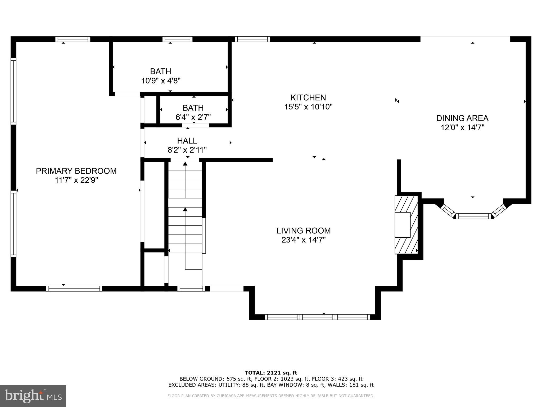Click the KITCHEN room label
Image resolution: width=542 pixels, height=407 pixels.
(308, 98)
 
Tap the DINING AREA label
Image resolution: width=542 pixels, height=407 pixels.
(462, 118)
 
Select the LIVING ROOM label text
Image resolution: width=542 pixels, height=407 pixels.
(304, 231)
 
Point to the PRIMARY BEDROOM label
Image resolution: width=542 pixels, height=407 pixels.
(76, 171)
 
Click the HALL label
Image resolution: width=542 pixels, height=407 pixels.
(187, 140)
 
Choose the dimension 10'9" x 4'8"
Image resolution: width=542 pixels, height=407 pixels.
(161, 81)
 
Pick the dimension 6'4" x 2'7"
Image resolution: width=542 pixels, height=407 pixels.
(193, 117)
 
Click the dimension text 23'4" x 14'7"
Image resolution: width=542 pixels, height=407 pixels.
(304, 240)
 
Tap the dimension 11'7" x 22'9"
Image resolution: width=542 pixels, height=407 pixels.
(76, 180)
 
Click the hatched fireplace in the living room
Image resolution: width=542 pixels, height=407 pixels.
(406, 225)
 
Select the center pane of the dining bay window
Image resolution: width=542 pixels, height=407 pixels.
(473, 216)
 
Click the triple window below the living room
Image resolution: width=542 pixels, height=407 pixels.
(317, 317)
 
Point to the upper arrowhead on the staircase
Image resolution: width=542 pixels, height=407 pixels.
(185, 164)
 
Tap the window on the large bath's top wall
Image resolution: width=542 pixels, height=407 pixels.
(177, 39)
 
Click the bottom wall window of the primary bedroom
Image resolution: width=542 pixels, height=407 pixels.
(74, 289)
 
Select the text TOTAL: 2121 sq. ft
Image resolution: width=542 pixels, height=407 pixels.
(271, 373)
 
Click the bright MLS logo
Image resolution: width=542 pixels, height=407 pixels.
(33, 396)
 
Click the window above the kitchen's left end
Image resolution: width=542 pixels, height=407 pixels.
(252, 39)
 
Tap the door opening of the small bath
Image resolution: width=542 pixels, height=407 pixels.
(195, 125)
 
